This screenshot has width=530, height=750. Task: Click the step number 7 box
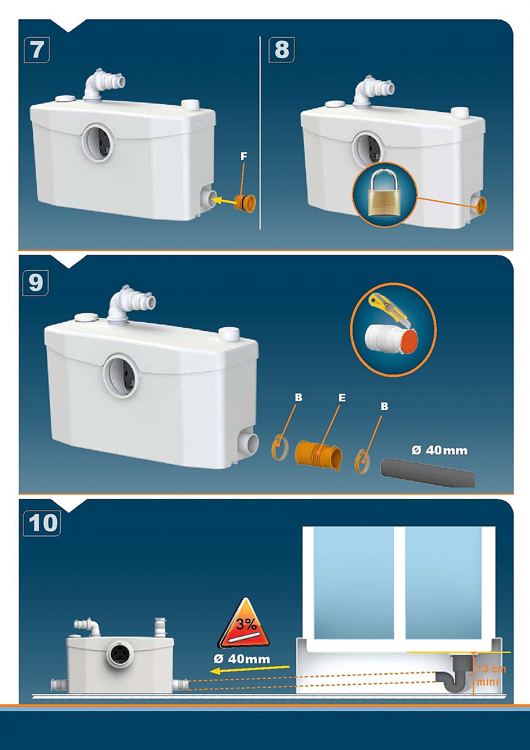[37, 49]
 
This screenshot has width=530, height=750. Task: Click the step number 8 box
[282, 49]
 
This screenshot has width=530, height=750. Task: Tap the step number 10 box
[42, 523]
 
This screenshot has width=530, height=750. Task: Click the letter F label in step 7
[243, 156]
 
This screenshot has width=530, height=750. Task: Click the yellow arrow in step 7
[224, 201]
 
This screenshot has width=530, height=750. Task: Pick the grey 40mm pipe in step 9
[427, 473]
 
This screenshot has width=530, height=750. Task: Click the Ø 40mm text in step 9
[439, 450]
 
